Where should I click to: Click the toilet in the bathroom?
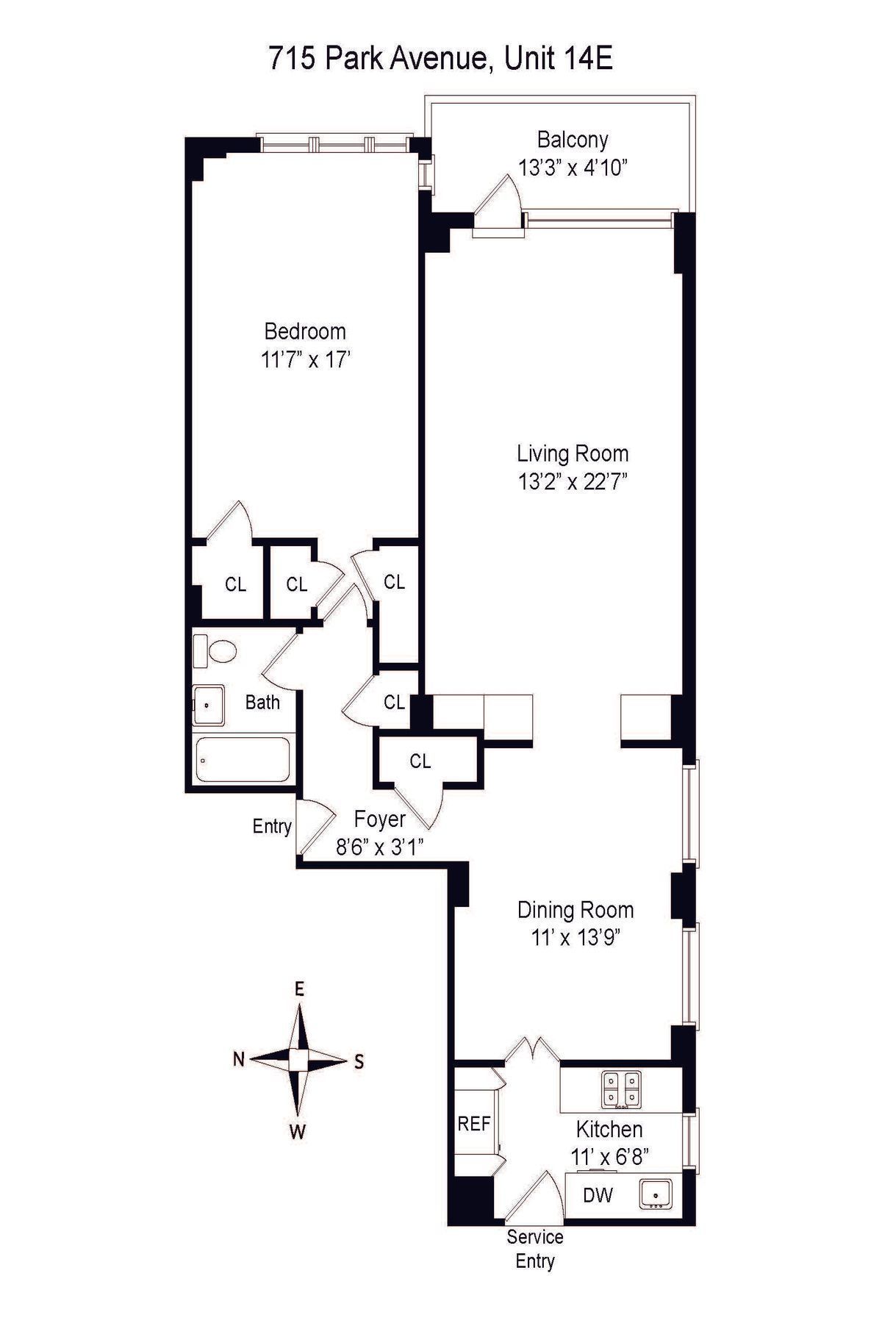click(x=216, y=651)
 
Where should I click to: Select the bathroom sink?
click(x=209, y=705)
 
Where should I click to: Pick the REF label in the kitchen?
click(x=473, y=1124)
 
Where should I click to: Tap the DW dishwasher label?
click(x=598, y=1195)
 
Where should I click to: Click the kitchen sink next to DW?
click(x=656, y=1194)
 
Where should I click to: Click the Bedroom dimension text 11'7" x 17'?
click(x=305, y=360)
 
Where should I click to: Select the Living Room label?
click(x=573, y=453)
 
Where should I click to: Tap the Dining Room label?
click(x=575, y=910)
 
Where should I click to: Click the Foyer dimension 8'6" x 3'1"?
click(x=379, y=847)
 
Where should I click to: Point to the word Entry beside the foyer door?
click(x=272, y=826)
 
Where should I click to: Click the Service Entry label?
click(x=534, y=1249)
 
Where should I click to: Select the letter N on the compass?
click(x=238, y=1060)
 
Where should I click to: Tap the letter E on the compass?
click(x=299, y=989)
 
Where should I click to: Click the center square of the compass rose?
click(x=298, y=1060)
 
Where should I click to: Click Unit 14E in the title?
click(x=558, y=59)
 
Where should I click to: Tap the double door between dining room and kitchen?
click(x=532, y=1049)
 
